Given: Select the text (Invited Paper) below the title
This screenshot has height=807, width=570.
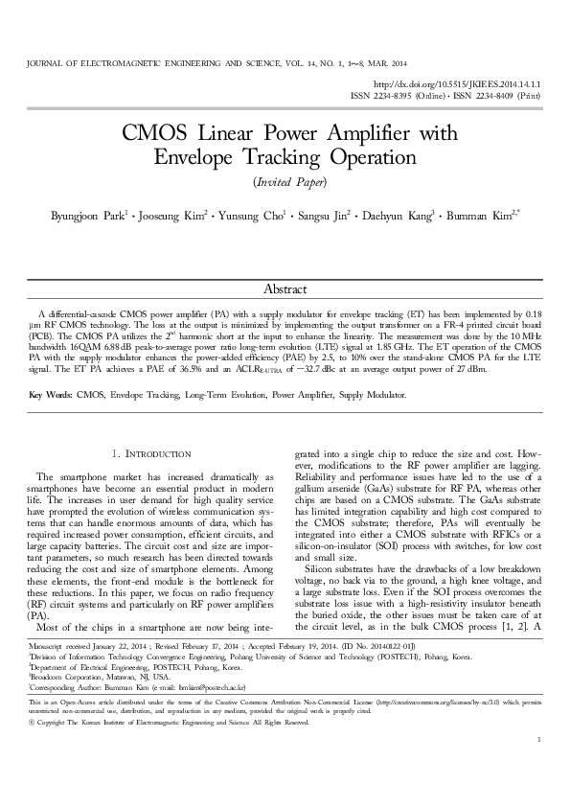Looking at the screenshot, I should pyautogui.click(x=285, y=180).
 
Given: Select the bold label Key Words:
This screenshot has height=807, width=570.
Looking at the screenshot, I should pyautogui.click(x=50, y=394).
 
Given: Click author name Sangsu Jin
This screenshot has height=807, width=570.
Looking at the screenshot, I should pyautogui.click(x=327, y=218).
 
